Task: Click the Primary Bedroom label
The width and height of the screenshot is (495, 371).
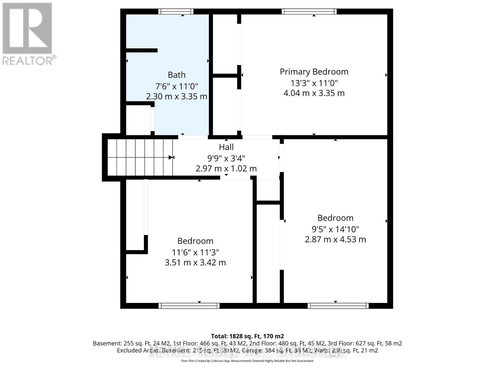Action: point(314,72)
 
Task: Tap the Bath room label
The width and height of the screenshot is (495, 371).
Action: point(177,75)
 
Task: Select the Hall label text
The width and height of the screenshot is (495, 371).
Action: point(226,147)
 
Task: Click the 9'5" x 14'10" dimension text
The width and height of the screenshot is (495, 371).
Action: point(335,229)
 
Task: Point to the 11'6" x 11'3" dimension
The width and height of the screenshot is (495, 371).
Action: point(195,252)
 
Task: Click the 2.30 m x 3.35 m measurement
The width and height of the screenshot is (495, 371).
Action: point(177,96)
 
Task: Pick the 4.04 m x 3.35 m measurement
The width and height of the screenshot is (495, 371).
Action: point(314,93)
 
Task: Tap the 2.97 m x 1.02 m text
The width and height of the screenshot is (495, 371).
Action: point(226,168)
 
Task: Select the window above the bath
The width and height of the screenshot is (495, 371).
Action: point(176,12)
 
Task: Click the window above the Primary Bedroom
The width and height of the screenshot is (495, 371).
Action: point(309,12)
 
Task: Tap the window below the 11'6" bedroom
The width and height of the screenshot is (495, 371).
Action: point(189,306)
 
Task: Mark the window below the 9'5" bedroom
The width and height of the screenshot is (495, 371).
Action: point(338,306)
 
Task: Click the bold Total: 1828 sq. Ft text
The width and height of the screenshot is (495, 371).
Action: point(247,336)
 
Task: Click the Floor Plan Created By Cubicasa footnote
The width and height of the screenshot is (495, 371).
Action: point(247,361)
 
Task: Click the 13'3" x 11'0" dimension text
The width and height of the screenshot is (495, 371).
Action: point(314,83)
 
